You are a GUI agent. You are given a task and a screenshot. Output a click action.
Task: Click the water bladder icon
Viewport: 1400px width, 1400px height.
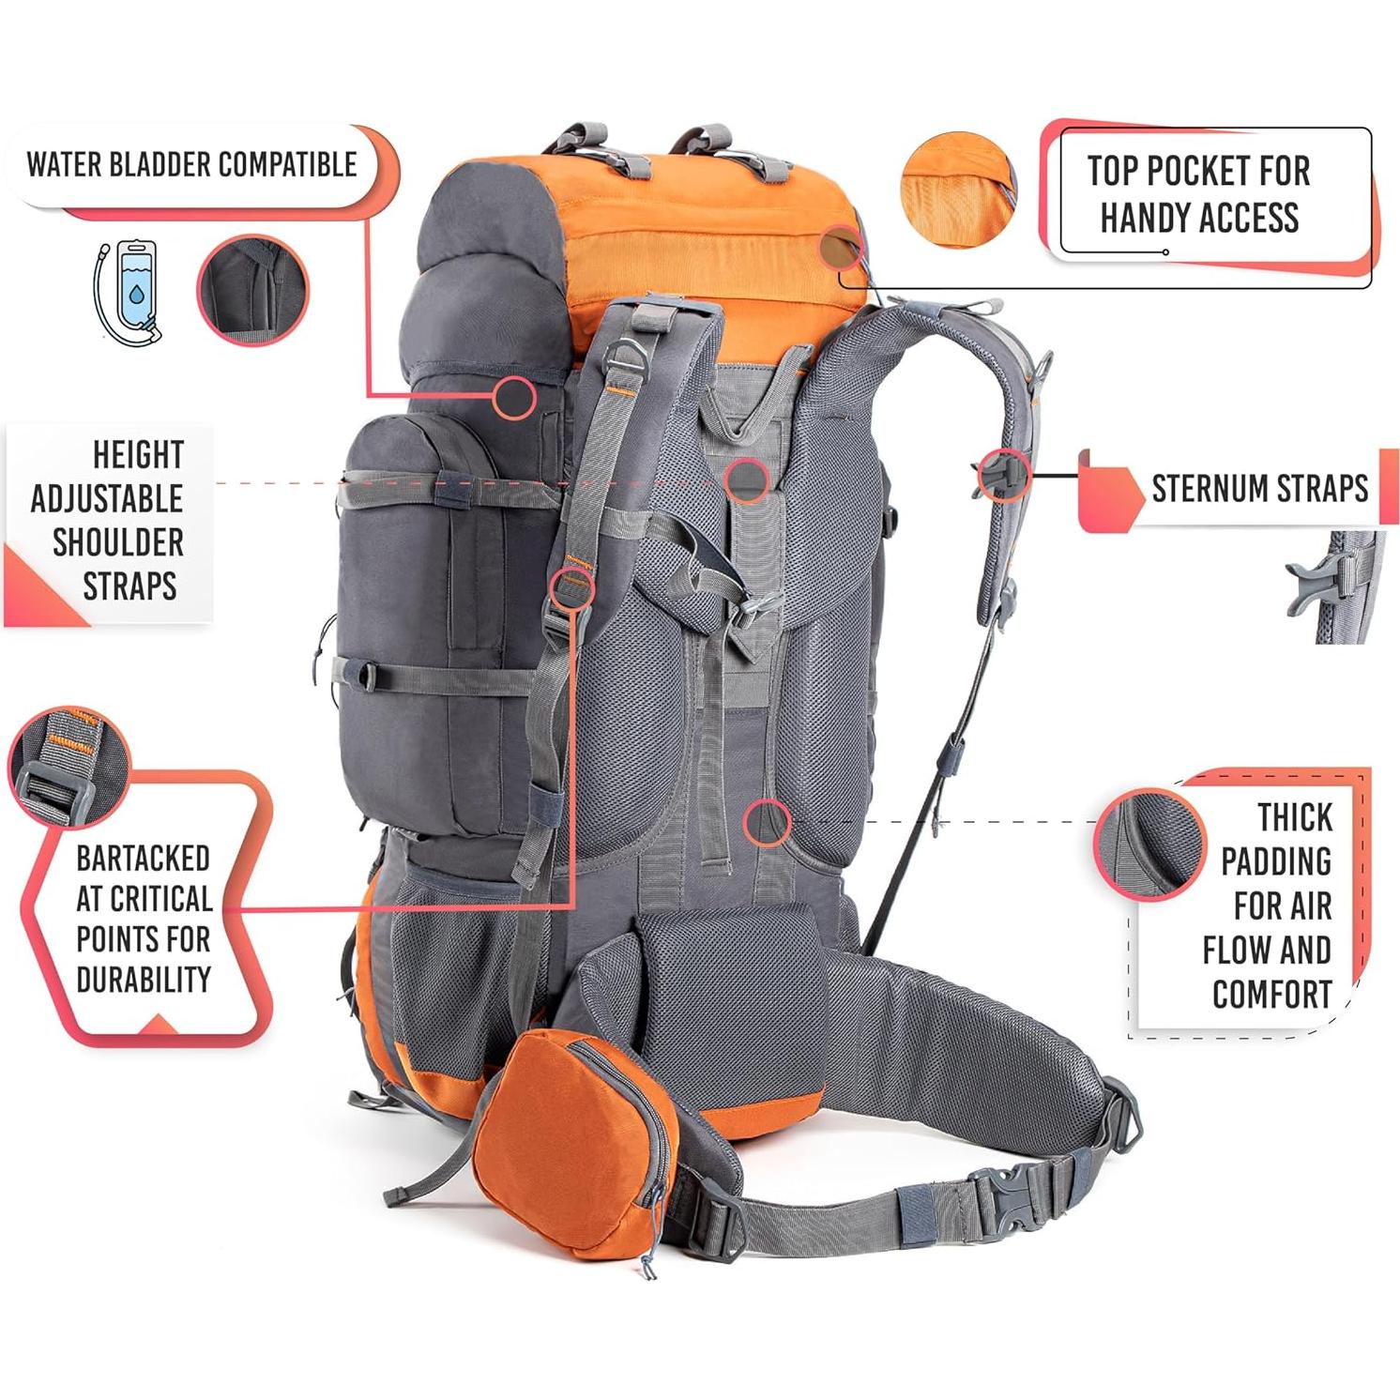129,293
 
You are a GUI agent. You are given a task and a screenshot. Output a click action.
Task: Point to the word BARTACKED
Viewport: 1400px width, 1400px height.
143,859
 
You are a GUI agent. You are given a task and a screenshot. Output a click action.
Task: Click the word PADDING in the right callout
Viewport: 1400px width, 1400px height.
1276,860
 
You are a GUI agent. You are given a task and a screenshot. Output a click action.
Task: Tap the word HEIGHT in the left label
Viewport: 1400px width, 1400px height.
138,455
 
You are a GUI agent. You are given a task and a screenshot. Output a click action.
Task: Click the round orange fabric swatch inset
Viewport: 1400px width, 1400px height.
957,190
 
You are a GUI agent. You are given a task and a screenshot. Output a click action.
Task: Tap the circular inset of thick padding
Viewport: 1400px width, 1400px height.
1149,845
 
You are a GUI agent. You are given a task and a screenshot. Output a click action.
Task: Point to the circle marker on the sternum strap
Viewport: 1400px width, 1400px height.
1002,475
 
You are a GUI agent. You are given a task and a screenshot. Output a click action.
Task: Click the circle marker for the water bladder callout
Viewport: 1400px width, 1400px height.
514,397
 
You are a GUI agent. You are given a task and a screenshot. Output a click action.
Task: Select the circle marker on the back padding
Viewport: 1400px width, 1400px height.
767,823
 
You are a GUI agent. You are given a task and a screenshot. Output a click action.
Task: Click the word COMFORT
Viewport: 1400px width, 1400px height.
1271,995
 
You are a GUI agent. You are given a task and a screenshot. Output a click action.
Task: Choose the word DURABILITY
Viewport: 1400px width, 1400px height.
143,980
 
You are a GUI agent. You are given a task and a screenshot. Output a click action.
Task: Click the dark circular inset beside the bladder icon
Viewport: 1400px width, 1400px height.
252,290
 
